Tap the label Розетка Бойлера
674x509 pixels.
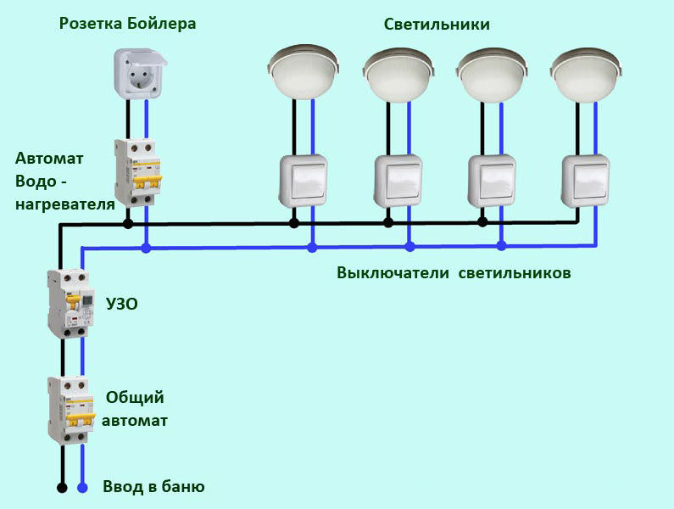(x=127, y=23)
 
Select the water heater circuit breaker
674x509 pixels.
(x=137, y=172)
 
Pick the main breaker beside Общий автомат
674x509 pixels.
(x=70, y=411)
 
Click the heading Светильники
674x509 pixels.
(x=437, y=24)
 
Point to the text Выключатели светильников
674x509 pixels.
(x=454, y=273)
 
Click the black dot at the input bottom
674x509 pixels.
(x=61, y=488)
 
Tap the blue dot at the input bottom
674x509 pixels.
(x=82, y=488)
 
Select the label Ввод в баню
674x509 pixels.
(x=153, y=487)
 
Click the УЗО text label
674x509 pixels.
(x=121, y=303)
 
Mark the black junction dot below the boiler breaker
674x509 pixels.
(x=128, y=224)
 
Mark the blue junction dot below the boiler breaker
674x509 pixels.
(x=147, y=249)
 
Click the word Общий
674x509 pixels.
(x=135, y=397)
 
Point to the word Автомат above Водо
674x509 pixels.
(x=44, y=158)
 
